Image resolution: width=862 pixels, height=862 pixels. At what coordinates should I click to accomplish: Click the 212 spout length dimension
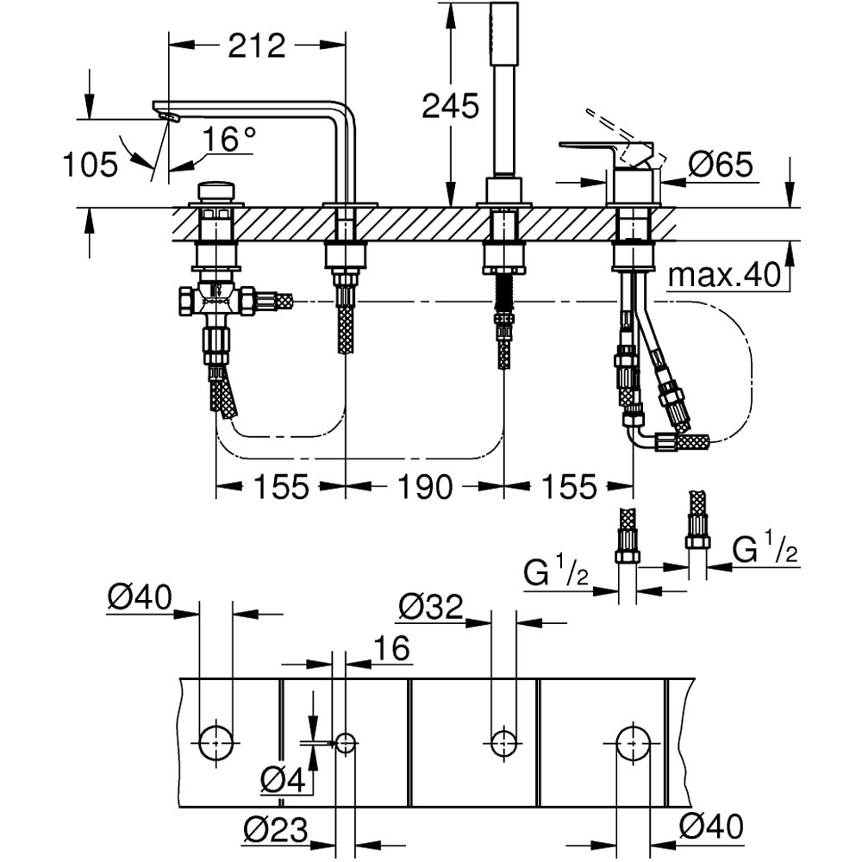coord(256,45)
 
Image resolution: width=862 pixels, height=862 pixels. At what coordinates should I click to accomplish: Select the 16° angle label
coord(229,139)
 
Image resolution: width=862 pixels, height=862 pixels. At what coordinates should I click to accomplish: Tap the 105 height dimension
coord(89,164)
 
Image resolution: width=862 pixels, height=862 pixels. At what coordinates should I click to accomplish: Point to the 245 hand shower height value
coord(449,106)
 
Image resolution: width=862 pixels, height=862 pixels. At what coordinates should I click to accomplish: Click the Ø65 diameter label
coord(722,164)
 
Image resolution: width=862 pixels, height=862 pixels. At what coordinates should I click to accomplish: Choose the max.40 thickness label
coord(722,276)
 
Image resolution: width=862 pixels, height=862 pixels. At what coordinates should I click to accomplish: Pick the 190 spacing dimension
coord(425,487)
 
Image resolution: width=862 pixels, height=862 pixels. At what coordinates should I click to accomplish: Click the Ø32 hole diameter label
coord(431,608)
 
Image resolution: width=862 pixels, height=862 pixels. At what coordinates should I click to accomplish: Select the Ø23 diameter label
coord(275,830)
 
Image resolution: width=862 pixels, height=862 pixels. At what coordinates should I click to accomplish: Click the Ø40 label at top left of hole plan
coord(140,596)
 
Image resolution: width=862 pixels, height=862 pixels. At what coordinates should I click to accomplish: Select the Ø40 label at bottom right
coord(710,828)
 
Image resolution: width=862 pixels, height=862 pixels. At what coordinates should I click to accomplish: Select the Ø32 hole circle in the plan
coord(503,740)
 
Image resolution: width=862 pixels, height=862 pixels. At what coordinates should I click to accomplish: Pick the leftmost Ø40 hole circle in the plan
coord(215,740)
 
